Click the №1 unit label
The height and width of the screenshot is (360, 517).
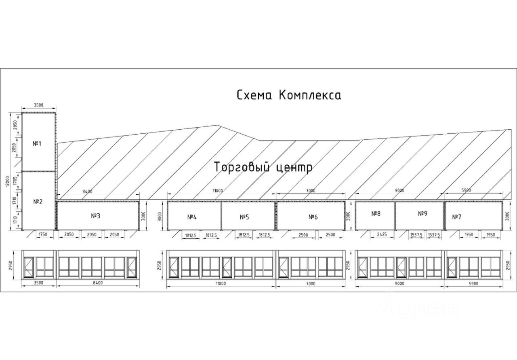[x=37, y=143]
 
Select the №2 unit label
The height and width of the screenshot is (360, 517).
[x=38, y=201]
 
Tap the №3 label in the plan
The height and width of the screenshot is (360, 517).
[x=96, y=216]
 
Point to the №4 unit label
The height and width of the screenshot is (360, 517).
[x=192, y=217]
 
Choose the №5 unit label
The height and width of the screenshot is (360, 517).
[x=244, y=217]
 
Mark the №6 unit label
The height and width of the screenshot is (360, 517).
[x=313, y=217]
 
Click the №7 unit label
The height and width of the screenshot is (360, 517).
[x=457, y=217]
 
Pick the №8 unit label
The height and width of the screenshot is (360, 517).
[x=376, y=213]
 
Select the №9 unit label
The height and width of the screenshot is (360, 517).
[x=422, y=213]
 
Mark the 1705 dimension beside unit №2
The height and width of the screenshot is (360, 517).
[x=15, y=180]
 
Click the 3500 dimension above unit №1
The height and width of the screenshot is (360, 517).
[x=38, y=105]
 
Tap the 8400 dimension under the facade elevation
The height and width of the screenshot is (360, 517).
[x=98, y=283]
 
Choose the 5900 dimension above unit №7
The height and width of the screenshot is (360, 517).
[x=473, y=190]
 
